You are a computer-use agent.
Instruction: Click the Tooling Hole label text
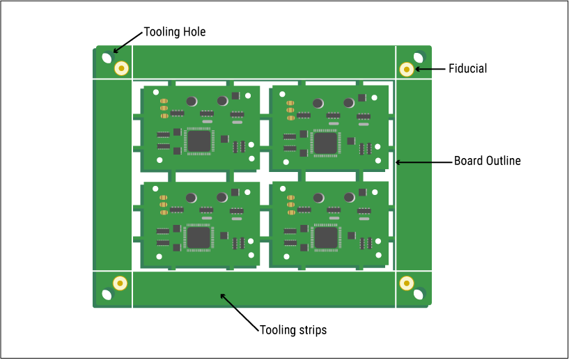pyautogui.click(x=174, y=32)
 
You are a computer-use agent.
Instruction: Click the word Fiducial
pyautogui.click(x=467, y=68)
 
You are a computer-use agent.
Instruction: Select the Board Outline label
pyautogui.click(x=488, y=161)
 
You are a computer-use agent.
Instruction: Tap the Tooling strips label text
pyautogui.click(x=293, y=329)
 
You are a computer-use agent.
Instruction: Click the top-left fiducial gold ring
pyautogui.click(x=122, y=68)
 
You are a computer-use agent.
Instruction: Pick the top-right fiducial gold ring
pyautogui.click(x=407, y=69)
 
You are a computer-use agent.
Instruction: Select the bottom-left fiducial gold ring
pyautogui.click(x=120, y=283)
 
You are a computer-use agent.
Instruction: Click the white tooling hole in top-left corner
pyautogui.click(x=107, y=58)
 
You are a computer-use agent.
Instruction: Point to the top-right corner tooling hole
pyautogui.click(x=418, y=57)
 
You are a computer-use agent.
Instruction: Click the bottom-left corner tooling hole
pyautogui.click(x=107, y=294)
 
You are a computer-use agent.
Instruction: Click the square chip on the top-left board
pyautogui.click(x=199, y=141)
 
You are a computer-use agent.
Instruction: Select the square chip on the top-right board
pyautogui.click(x=326, y=143)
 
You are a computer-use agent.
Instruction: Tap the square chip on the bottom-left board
pyautogui.click(x=199, y=237)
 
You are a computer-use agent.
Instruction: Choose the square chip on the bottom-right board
pyautogui.click(x=326, y=237)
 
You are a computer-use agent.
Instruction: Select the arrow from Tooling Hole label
pyautogui.click(x=127, y=43)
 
